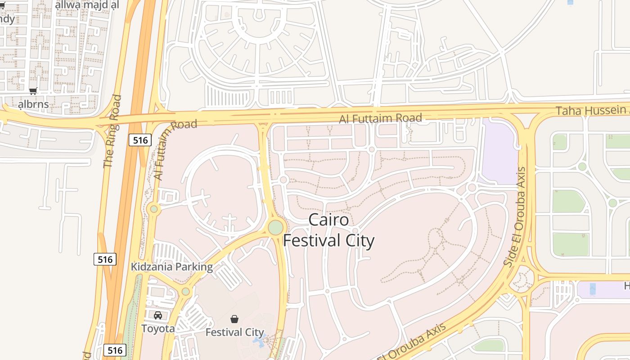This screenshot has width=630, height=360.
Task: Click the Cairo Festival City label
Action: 328,230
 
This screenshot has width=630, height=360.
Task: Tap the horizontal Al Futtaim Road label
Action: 381,118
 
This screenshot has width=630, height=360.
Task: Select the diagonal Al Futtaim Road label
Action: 175,149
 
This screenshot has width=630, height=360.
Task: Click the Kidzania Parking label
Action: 171,267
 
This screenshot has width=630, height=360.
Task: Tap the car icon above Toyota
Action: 158,315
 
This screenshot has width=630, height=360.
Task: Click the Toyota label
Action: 158,328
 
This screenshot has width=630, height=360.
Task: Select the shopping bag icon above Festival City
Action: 234,319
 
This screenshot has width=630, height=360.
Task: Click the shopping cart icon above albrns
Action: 33,91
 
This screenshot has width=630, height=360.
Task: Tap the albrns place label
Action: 33,104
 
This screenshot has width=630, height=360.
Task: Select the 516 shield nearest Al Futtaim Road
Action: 140,140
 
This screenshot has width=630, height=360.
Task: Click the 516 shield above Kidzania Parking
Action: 105,259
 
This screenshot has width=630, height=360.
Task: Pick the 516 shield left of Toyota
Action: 115,350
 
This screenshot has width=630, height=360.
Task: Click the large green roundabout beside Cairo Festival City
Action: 275,227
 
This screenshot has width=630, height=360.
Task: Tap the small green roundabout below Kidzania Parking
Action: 185,292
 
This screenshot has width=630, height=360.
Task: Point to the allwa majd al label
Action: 86,5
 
